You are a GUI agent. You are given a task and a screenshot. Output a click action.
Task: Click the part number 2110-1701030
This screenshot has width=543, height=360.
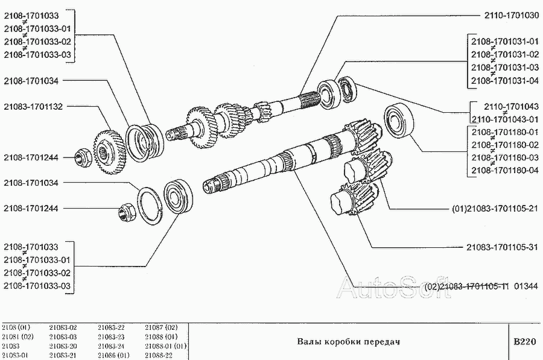pyautogui.click(x=511, y=16)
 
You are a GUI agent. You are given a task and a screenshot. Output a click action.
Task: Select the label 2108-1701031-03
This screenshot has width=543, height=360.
pyautogui.click(x=505, y=68)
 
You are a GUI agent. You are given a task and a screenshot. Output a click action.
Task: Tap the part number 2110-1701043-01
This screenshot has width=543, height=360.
pyautogui.click(x=505, y=119)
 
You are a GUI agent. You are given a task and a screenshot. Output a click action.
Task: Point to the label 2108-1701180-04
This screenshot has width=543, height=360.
pyautogui.click(x=505, y=170)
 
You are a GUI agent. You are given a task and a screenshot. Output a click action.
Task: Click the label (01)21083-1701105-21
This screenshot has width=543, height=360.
pyautogui.click(x=495, y=209)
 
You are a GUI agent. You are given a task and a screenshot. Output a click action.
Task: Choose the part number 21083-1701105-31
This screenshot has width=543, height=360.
pyautogui.click(x=502, y=247)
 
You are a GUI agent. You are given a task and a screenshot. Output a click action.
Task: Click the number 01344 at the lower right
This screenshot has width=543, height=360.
pyautogui.click(x=526, y=286)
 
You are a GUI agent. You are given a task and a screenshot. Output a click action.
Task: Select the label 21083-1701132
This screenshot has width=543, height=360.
pyautogui.click(x=33, y=107)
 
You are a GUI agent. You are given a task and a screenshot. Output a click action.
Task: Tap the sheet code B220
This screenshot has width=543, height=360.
pyautogui.click(x=525, y=342)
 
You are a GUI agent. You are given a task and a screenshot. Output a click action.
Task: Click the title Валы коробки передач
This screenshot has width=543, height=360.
pyautogui.click(x=348, y=342)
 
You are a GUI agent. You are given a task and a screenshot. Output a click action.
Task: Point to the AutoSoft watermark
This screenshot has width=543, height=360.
pyautogui.click(x=394, y=287)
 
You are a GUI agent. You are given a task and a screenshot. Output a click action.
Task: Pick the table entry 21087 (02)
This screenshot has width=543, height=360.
pyautogui.click(x=161, y=327)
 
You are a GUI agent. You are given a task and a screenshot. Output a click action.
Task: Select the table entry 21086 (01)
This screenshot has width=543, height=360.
pyautogui.click(x=113, y=355)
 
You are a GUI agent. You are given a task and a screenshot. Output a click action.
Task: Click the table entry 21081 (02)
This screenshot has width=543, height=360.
pyautogui.click(x=17, y=337)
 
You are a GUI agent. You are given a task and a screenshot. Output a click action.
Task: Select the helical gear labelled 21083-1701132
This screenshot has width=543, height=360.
pyautogui.click(x=109, y=152)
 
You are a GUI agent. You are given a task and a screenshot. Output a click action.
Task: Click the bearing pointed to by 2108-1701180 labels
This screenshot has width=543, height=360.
pyautogui.click(x=399, y=120)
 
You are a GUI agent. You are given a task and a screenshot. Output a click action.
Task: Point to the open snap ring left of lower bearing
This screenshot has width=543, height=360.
pyautogui.click(x=150, y=206)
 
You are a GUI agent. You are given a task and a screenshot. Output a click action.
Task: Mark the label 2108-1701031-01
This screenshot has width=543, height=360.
pyautogui.click(x=505, y=42)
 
